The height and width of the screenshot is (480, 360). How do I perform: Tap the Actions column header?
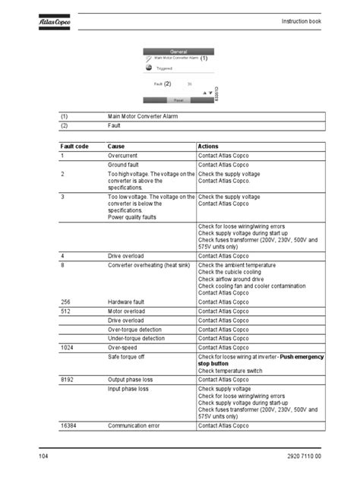point(209,145)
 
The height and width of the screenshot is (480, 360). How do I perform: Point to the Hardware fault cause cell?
point(130,302)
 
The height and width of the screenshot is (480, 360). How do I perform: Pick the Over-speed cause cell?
point(125,347)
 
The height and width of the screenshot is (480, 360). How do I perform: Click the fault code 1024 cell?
point(68,347)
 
